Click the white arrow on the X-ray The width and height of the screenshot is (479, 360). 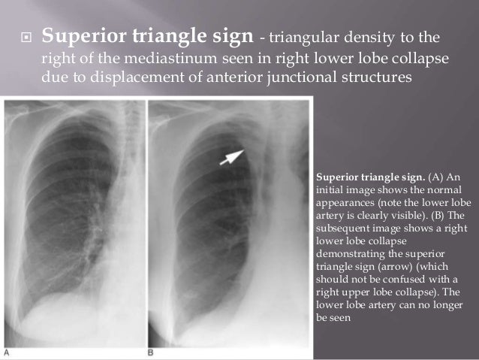click(x=232, y=156)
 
